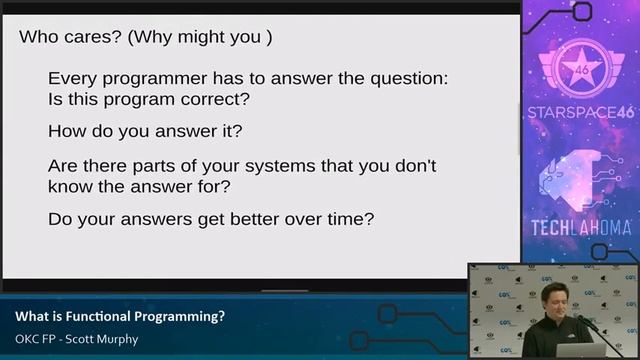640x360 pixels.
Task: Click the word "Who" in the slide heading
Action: pos(41,38)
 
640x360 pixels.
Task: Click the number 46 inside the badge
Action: pos(580,73)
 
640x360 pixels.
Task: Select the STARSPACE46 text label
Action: pos(580,112)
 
